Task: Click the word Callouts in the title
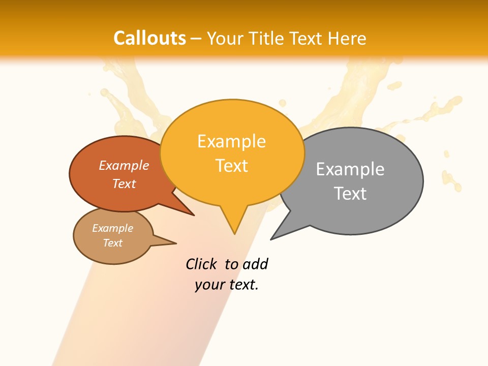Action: pos(149,38)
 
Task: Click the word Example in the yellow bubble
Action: pos(231,141)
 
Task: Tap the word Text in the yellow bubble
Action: pos(231,165)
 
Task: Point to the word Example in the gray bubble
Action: pos(350,169)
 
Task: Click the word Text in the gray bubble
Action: pos(350,193)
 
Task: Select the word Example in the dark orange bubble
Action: pos(124,165)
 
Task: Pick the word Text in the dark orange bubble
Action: pos(124,184)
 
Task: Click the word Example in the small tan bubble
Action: pos(112,228)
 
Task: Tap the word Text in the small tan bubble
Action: pos(112,243)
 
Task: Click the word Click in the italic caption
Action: pos(201,264)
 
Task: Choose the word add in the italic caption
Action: pos(255,264)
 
